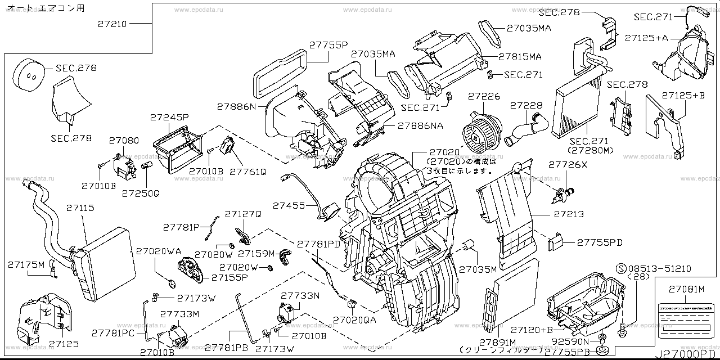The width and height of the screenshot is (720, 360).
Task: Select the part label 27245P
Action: pyautogui.click(x=169, y=118)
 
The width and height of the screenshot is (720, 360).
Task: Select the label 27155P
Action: pyautogui.click(x=229, y=278)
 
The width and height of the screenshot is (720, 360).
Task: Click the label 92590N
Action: pyautogui.click(x=570, y=341)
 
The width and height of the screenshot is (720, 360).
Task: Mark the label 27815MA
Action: pyautogui.click(x=519, y=57)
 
